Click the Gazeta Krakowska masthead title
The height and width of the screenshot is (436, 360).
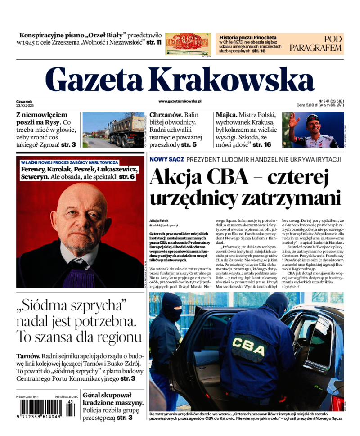pos(180,80)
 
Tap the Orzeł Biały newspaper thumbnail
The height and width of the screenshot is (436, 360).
pos(188,44)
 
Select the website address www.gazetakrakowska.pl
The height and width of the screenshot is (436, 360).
pos(180,102)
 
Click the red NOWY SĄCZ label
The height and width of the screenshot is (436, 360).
pos(166,159)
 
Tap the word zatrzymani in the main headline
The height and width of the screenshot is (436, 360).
pos(292,198)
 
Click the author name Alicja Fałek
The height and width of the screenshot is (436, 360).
pos(162,220)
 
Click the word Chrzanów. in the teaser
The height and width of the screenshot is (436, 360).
pos(166,115)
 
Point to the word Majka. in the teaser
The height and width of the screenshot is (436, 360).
pos(226,115)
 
